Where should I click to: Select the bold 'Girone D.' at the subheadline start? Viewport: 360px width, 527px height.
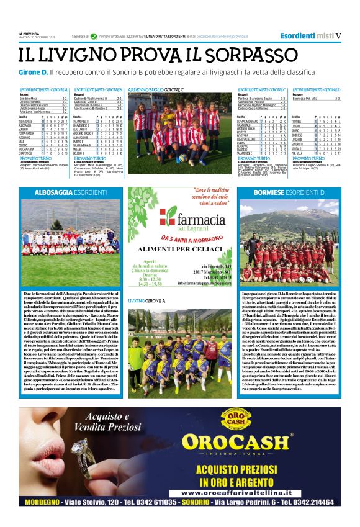point(32,74)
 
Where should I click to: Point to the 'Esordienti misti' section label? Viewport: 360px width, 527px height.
point(306,35)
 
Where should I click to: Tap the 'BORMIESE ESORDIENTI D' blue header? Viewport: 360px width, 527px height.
point(289,194)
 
